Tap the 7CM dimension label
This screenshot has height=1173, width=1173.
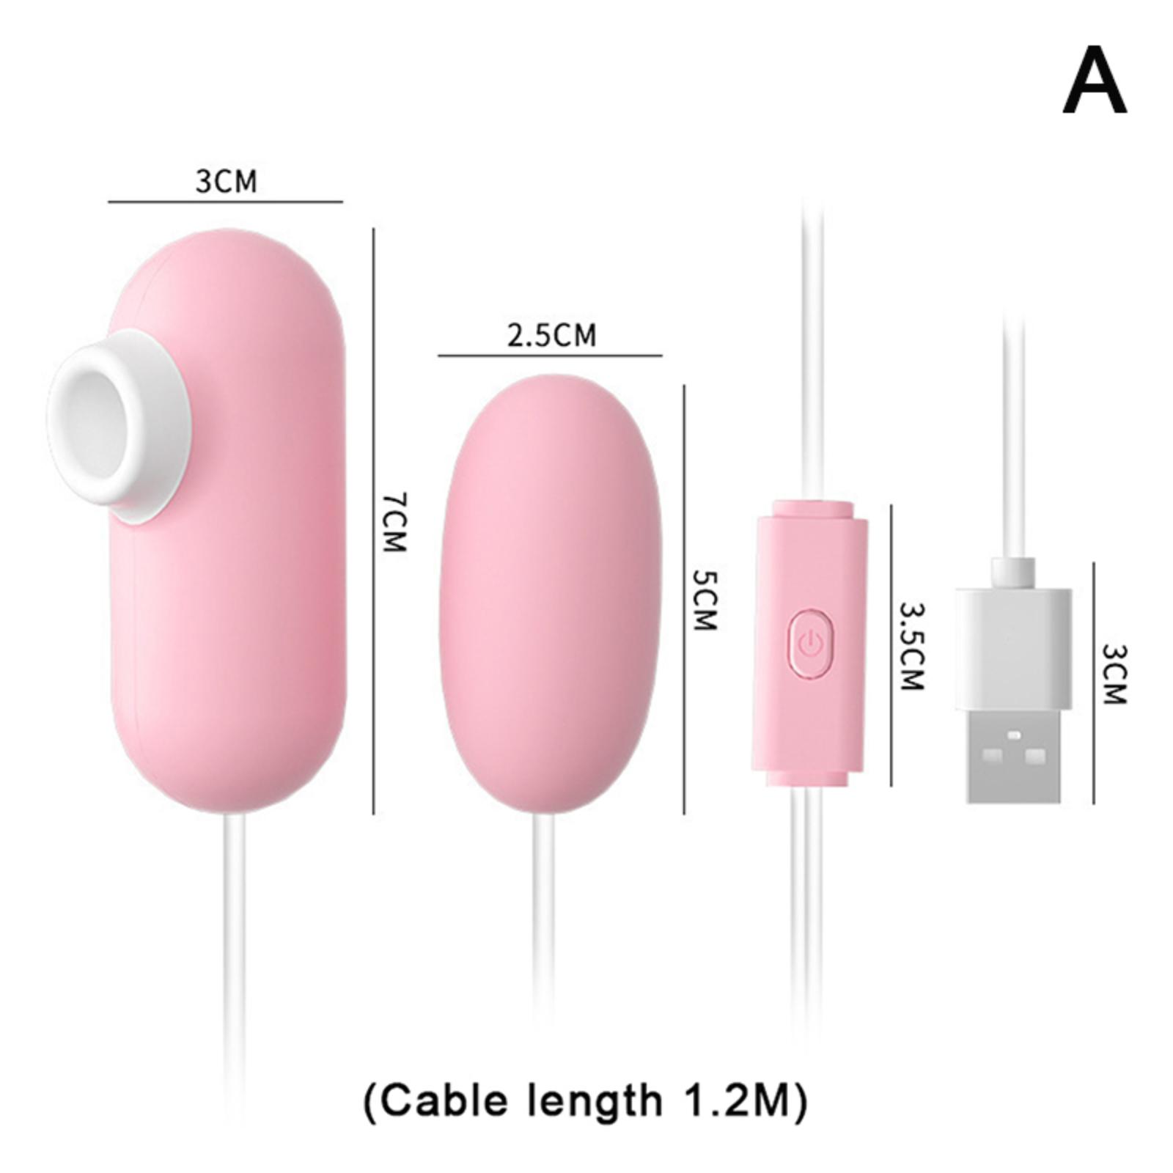click(x=394, y=523)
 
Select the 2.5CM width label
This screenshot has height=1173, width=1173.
click(x=551, y=335)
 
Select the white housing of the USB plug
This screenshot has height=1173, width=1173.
click(x=1013, y=648)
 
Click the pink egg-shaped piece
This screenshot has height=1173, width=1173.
click(x=551, y=592)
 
